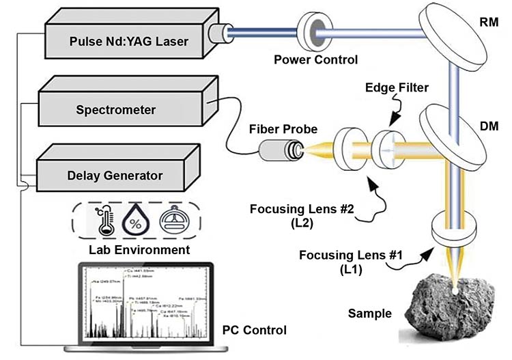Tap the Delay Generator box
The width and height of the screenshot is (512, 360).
116,175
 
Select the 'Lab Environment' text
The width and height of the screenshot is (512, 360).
139,250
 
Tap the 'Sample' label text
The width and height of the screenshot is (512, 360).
369,314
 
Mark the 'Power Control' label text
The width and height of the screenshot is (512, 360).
315,59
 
